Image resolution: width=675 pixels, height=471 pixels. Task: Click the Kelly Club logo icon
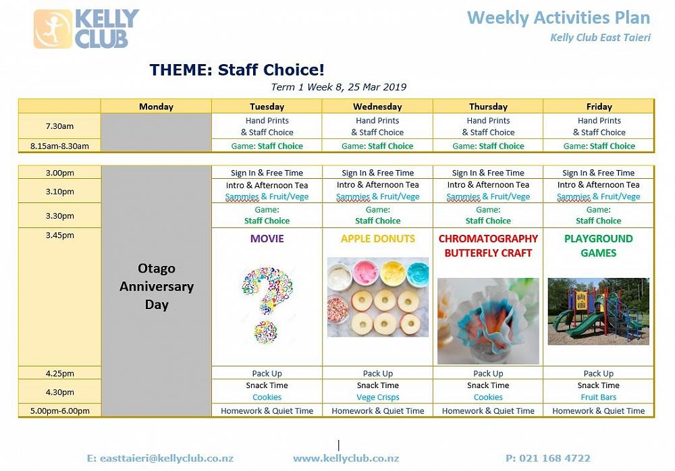pos(53,29)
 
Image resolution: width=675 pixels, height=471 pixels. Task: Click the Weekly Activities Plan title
pos(558,18)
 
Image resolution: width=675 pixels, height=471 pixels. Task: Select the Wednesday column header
pos(377,107)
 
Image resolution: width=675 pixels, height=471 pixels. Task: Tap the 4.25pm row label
pos(60,373)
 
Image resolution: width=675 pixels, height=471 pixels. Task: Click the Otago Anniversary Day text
pos(157,286)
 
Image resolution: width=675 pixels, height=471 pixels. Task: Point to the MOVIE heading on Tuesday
pos(267,238)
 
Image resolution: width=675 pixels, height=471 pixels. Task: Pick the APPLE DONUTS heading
pos(378,238)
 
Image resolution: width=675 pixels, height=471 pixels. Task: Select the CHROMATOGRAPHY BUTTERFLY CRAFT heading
pos(488,246)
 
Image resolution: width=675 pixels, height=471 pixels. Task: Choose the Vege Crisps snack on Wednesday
pos(378,397)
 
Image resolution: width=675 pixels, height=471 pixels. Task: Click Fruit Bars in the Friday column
pos(598,397)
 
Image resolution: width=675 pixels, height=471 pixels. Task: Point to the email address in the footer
pos(160,458)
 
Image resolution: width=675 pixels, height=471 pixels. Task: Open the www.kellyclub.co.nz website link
pos(346,458)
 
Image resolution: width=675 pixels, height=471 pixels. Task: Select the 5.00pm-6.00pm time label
pos(60,411)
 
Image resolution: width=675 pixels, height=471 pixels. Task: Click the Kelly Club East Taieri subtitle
pos(601,38)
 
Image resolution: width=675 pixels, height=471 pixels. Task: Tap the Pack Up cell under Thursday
pos(488,373)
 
